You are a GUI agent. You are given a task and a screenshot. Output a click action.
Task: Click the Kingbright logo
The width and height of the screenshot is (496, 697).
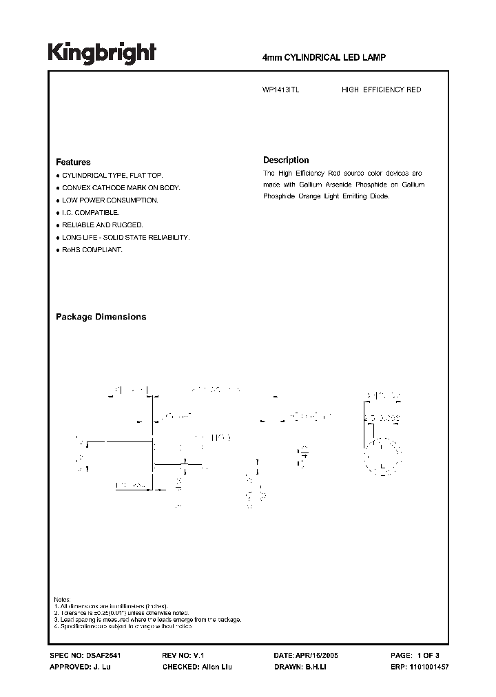pyautogui.click(x=102, y=52)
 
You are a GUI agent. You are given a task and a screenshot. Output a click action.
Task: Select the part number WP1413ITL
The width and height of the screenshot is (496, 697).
pyautogui.click(x=281, y=90)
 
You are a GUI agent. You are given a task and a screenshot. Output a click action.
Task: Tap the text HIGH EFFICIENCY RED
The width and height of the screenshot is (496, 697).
pyautogui.click(x=381, y=90)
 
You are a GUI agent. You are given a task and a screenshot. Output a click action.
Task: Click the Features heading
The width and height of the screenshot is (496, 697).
pyautogui.click(x=73, y=163)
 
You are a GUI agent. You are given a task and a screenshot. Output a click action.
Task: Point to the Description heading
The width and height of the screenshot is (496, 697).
pyautogui.click(x=286, y=160)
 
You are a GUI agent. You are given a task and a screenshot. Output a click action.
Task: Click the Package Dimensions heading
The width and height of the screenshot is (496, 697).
pyautogui.click(x=101, y=317)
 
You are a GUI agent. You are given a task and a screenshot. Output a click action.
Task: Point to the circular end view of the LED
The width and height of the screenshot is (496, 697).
pyautogui.click(x=382, y=455)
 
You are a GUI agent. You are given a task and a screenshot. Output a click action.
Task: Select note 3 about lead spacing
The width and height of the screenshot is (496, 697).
pyautogui.click(x=147, y=620)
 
